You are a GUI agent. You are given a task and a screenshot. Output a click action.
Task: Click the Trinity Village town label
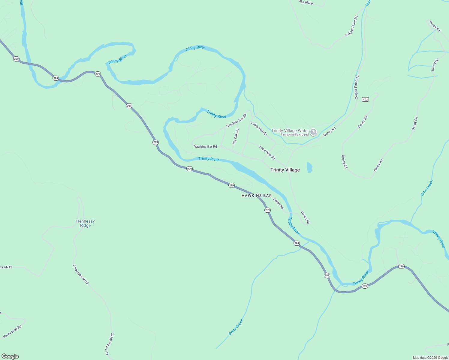point(285,170)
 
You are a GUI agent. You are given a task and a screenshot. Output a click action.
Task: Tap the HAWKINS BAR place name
point(257,196)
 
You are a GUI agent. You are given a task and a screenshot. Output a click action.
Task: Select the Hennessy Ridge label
point(86,223)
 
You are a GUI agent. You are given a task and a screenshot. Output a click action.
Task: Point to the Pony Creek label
point(236,327)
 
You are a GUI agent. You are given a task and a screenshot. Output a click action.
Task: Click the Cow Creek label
point(427,188)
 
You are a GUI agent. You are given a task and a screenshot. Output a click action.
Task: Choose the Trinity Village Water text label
point(290,130)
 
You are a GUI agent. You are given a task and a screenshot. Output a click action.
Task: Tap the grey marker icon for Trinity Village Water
point(313,132)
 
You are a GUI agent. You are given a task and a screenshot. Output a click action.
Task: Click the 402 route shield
point(365,100)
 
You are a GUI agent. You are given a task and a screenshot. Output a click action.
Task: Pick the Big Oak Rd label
point(236,136)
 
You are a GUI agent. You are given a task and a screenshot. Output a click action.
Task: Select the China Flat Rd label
point(259,129)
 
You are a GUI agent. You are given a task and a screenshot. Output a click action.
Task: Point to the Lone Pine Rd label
point(267,152)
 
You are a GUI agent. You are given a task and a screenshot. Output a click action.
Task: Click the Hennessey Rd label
point(12,331)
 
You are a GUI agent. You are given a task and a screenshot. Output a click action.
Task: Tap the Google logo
point(10,356)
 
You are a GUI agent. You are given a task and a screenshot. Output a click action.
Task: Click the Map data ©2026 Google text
point(430,358)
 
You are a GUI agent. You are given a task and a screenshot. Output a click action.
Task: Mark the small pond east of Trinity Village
point(309,167)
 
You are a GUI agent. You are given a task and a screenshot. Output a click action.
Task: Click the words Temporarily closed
point(294,134)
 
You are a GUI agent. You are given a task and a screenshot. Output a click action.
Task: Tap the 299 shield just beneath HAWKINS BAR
point(267,210)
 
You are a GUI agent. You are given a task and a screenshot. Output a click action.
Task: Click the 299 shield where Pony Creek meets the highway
point(297,243)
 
